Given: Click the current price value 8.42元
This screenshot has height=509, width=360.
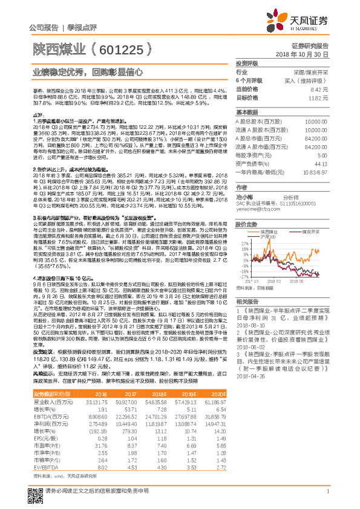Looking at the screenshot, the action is click(x=319, y=89).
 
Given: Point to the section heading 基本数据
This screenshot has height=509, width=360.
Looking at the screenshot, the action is click(x=246, y=112).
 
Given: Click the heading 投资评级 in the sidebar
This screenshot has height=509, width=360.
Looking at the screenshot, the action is click(x=246, y=63).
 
